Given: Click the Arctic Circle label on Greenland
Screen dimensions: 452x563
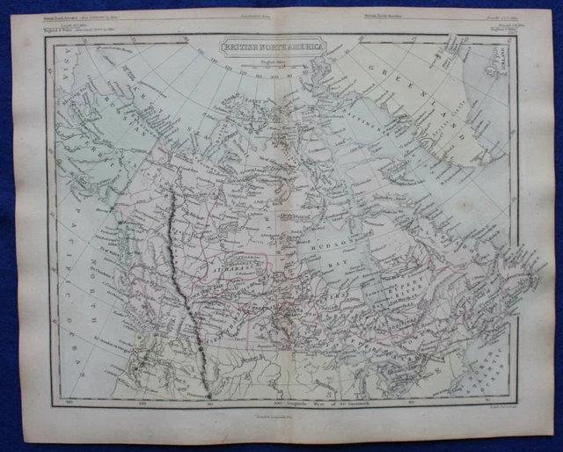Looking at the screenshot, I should point(457,149).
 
